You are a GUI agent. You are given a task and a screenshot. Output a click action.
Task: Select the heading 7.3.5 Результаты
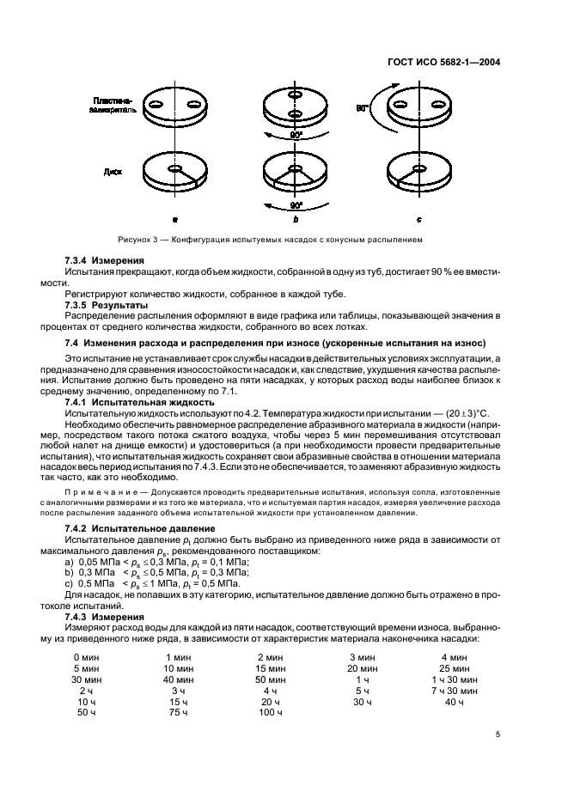point(107,305)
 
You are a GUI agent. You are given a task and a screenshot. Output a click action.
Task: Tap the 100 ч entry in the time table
point(270,712)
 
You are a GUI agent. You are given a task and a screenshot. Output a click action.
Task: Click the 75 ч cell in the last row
point(178,712)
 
